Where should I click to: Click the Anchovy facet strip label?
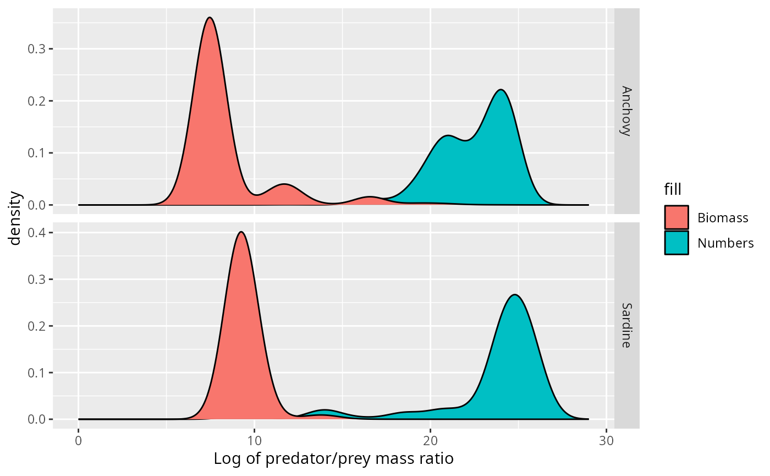[626, 111]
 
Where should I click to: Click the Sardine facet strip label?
[626, 325]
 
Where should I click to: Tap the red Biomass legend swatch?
[676, 217]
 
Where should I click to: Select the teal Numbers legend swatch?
[676, 243]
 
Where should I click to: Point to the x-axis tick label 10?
[254, 441]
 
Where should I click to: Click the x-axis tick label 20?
[430, 441]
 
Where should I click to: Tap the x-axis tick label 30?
[606, 441]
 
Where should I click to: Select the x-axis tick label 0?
[79, 441]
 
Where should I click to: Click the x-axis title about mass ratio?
[333, 458]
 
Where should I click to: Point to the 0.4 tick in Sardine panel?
[37, 233]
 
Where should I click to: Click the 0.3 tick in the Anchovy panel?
[37, 49]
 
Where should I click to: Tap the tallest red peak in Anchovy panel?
[210, 18]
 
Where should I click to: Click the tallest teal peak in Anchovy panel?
[501, 90]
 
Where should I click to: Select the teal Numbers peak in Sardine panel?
[514, 296]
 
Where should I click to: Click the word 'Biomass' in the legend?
[723, 218]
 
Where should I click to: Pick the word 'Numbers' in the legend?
[725, 243]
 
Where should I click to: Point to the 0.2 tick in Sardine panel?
[37, 326]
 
